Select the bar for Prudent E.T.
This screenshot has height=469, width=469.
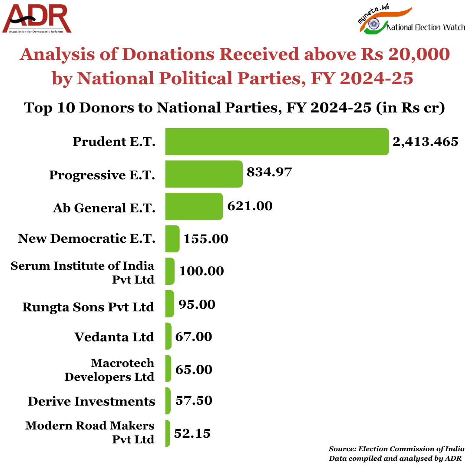(x=277, y=142)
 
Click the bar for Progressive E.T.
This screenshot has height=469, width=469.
(x=204, y=174)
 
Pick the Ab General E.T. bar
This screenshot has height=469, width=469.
(x=194, y=206)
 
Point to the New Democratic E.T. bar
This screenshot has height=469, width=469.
(x=172, y=238)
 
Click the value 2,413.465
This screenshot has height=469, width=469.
(x=425, y=142)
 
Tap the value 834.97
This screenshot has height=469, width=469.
(x=269, y=172)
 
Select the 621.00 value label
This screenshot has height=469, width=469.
(x=250, y=205)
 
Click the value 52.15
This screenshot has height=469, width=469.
(x=192, y=433)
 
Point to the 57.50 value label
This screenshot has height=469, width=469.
(x=194, y=400)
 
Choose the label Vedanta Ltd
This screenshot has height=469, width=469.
(x=114, y=337)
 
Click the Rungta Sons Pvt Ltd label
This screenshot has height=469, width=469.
(x=88, y=307)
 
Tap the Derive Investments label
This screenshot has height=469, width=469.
(x=91, y=401)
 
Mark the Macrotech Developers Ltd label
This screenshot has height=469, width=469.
(x=109, y=370)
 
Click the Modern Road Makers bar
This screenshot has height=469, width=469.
(x=168, y=433)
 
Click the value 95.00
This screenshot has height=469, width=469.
(x=197, y=304)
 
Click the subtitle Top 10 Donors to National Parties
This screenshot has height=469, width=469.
(x=234, y=107)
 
